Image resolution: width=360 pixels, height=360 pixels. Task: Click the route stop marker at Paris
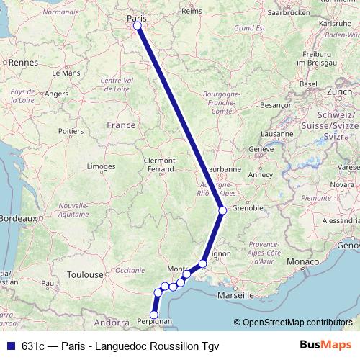[137, 26]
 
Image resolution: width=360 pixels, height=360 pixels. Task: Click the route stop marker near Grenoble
[222, 210]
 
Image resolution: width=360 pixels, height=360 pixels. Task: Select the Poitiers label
[71, 131]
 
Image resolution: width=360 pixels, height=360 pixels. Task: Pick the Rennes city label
[23, 63]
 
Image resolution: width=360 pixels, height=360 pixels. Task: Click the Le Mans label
[66, 73]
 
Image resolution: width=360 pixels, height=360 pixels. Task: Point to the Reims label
[192, 12]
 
